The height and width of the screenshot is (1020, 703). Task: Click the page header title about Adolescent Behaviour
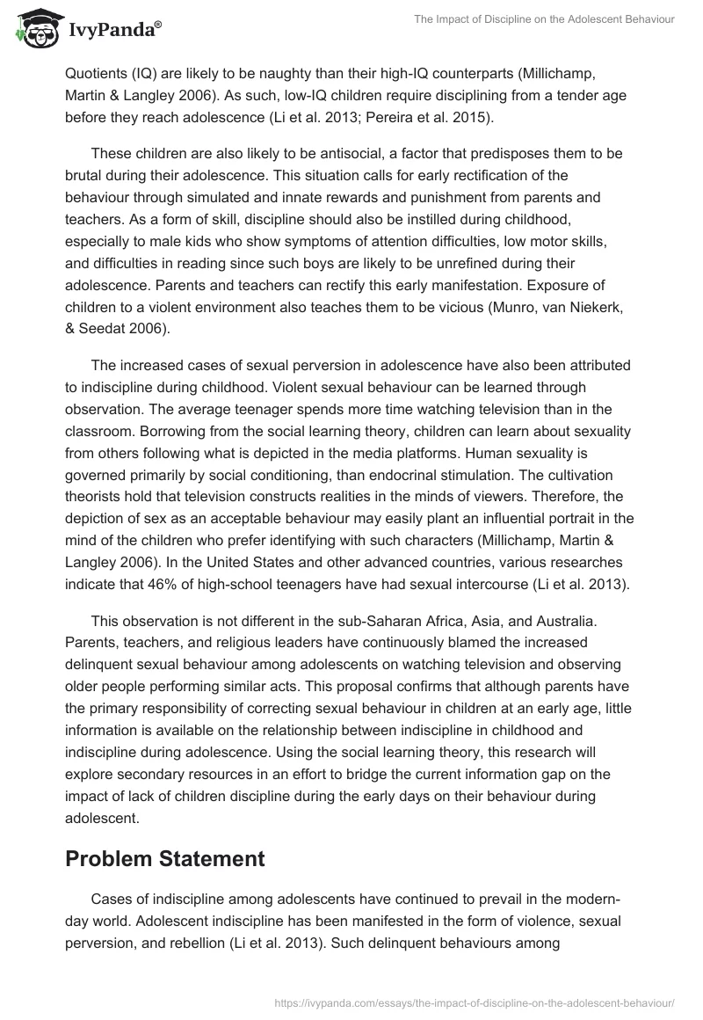click(x=544, y=19)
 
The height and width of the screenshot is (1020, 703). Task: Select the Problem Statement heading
click(x=165, y=860)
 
